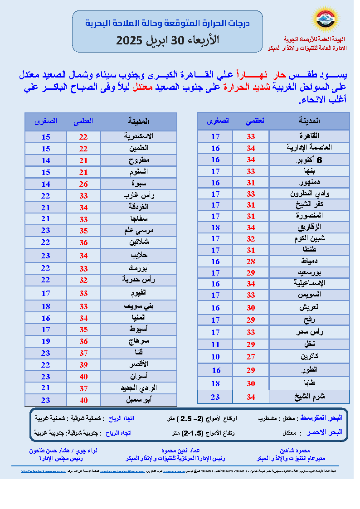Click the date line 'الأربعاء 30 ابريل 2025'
click(x=167, y=40)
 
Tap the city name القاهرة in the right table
click(x=310, y=136)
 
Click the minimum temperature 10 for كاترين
click(x=215, y=356)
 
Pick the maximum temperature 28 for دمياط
click(x=251, y=261)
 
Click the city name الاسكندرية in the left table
click(x=138, y=136)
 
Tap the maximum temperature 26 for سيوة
click(x=84, y=184)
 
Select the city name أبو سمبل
click(x=139, y=400)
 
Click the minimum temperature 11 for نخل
click(x=215, y=344)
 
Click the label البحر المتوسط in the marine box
click(x=326, y=417)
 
